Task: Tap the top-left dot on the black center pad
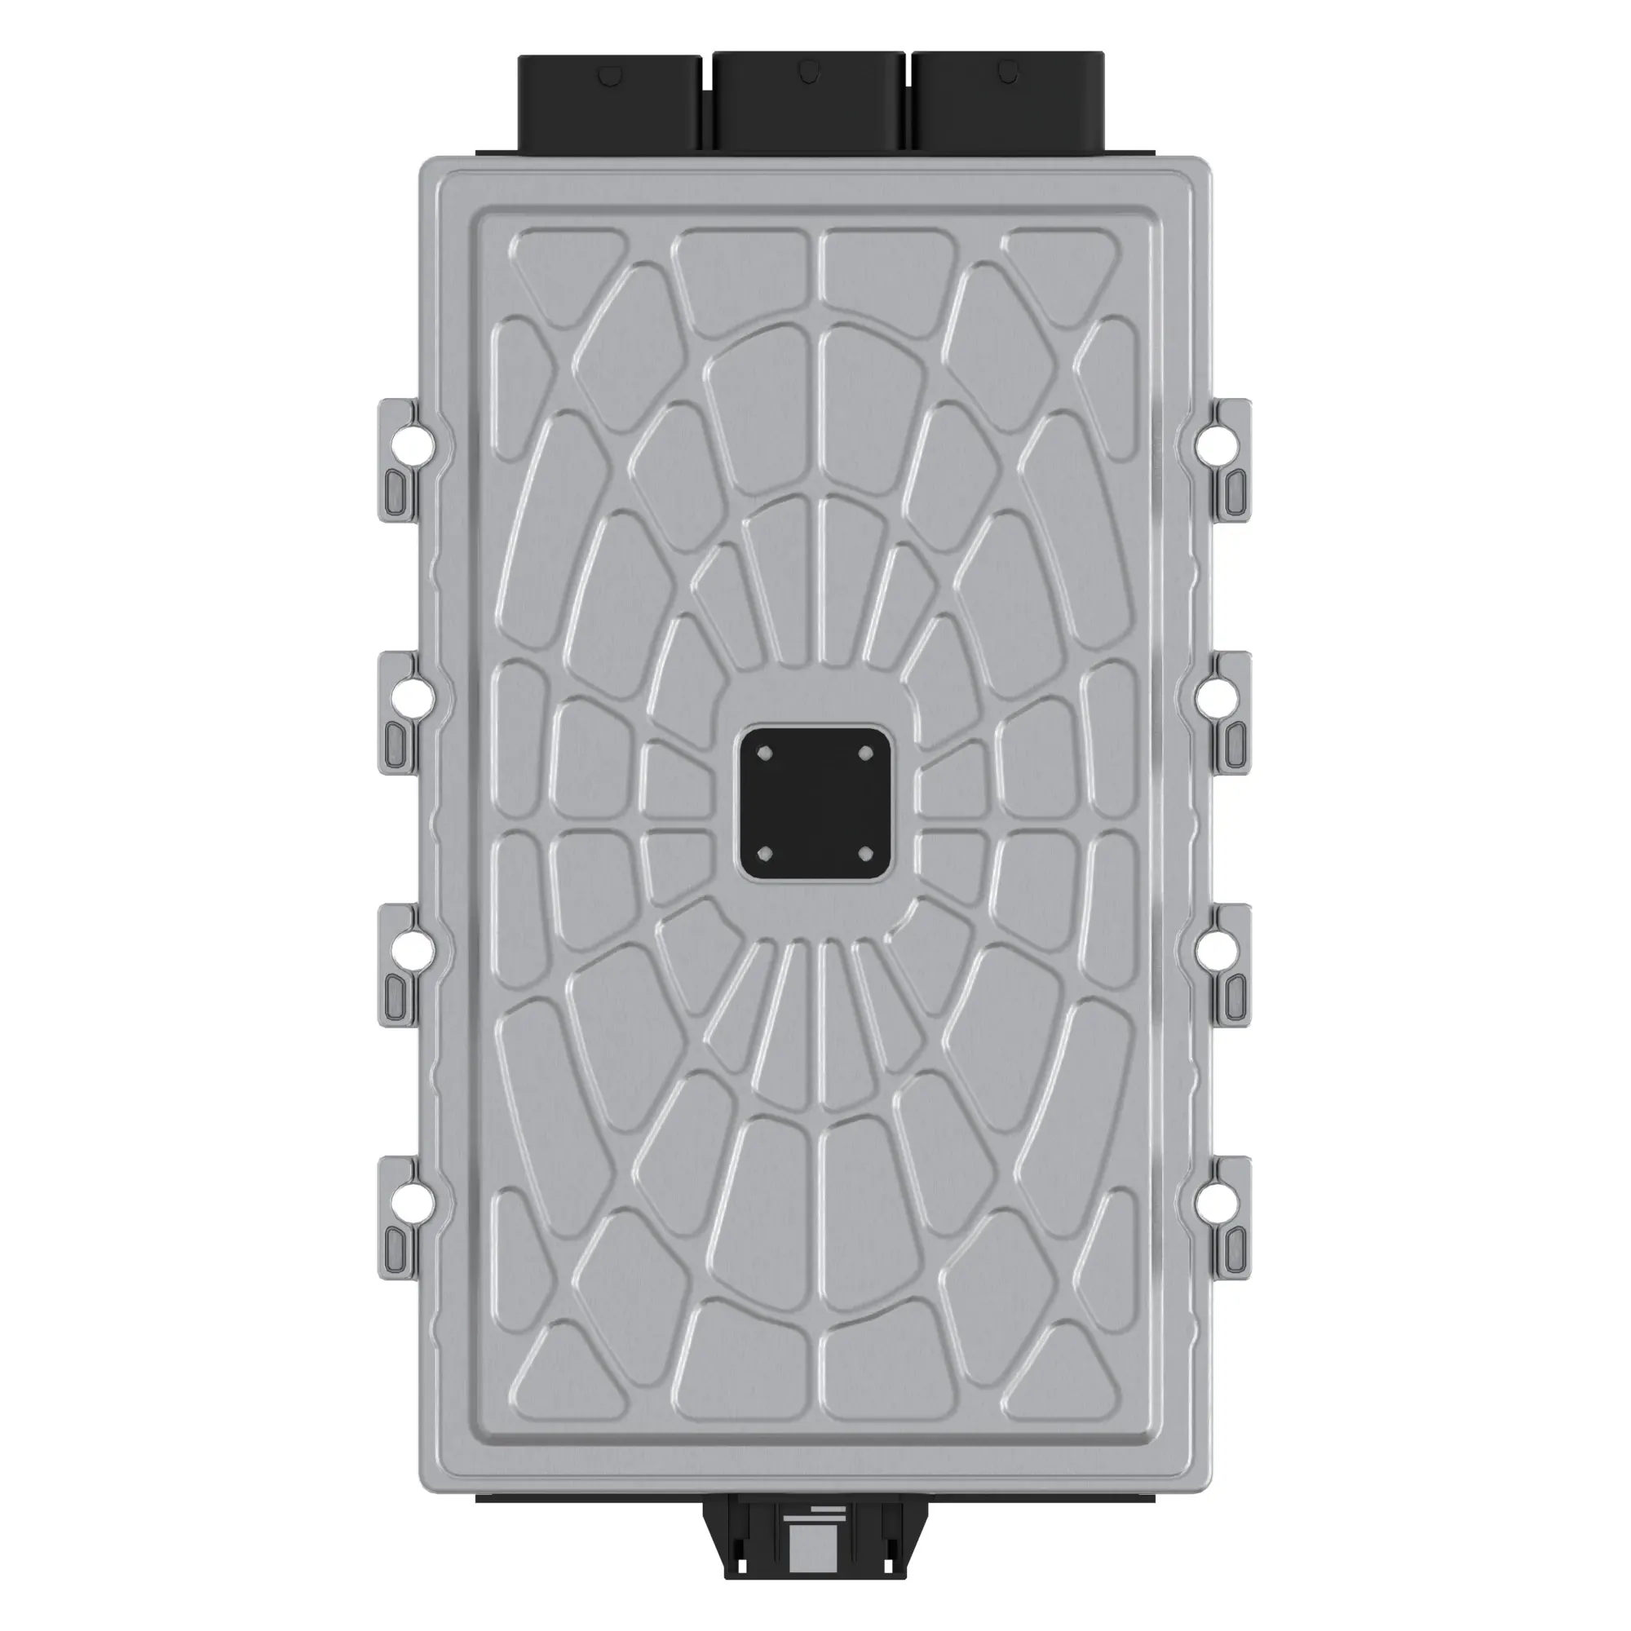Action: coord(765,753)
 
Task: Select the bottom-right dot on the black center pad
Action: coord(864,853)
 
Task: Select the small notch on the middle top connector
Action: coord(809,72)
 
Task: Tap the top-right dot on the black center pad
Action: coord(864,753)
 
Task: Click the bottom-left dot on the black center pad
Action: coord(765,853)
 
